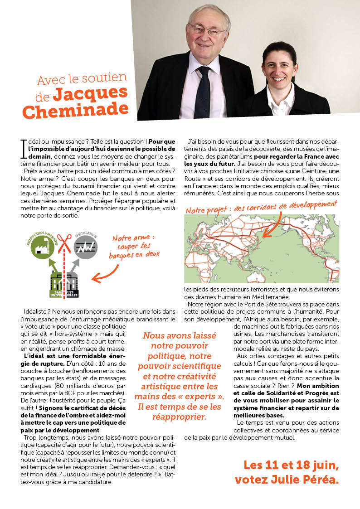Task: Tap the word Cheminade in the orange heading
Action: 75,110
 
